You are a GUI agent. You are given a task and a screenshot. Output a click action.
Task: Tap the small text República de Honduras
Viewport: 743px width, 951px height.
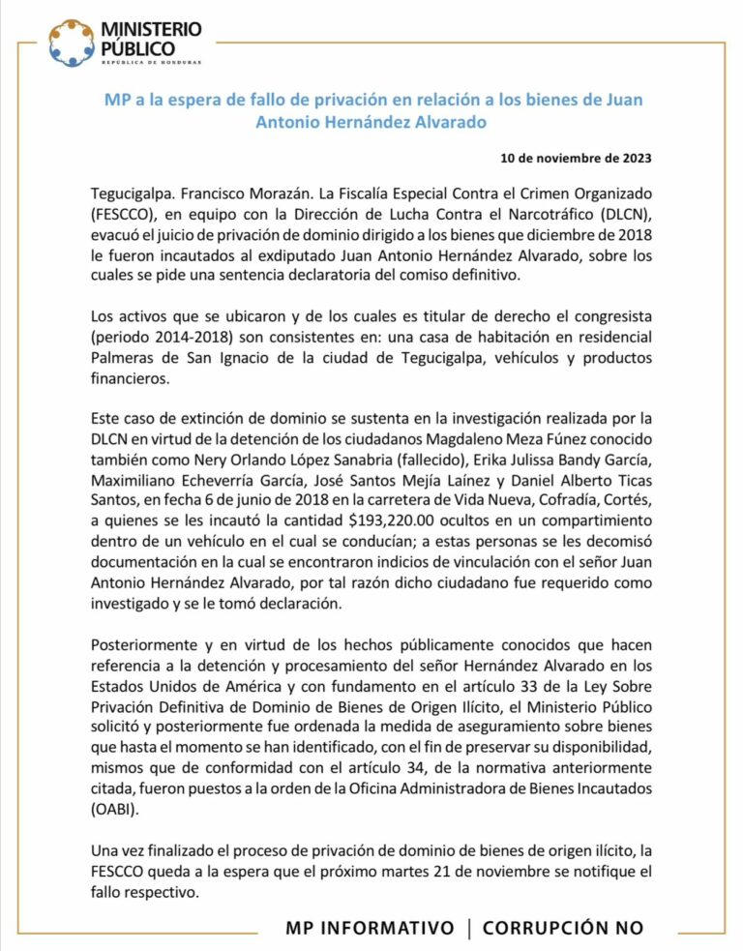151,63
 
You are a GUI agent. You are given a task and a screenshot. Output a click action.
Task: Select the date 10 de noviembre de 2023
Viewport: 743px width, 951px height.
576,158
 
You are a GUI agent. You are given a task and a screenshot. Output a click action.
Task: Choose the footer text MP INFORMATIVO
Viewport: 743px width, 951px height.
370,928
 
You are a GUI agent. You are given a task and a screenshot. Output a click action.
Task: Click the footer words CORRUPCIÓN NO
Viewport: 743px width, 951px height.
563,928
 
